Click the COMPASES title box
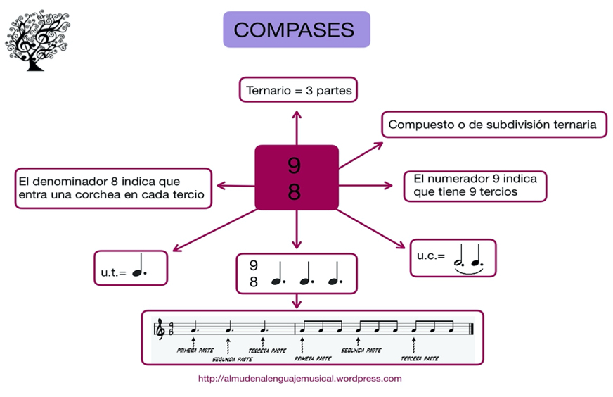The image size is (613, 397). click(296, 30)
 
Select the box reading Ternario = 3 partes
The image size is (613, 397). click(299, 91)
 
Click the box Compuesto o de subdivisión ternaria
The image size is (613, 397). click(493, 125)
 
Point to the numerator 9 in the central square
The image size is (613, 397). click(295, 165)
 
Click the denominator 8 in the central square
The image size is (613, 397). click(295, 191)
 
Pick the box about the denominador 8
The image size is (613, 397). click(113, 188)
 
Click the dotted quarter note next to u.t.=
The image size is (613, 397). click(141, 266)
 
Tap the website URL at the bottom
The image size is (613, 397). click(300, 378)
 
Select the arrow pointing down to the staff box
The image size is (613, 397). click(297, 300)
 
